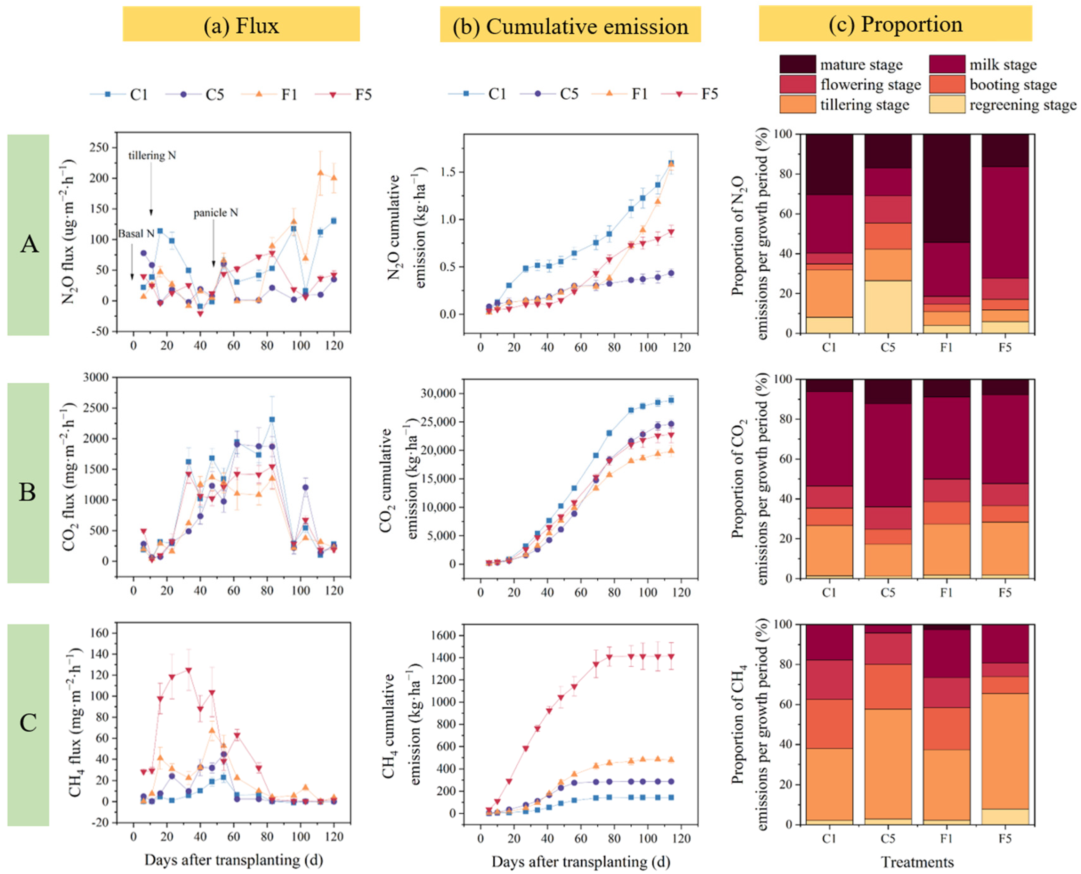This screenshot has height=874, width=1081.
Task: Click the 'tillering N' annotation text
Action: tap(152, 156)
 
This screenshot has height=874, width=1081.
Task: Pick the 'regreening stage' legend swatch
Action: tap(947, 105)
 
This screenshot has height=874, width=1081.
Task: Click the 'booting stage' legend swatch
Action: tap(947, 85)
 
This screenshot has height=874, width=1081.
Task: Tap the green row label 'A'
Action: tap(29, 244)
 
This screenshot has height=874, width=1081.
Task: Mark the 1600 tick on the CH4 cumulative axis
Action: tap(442, 636)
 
